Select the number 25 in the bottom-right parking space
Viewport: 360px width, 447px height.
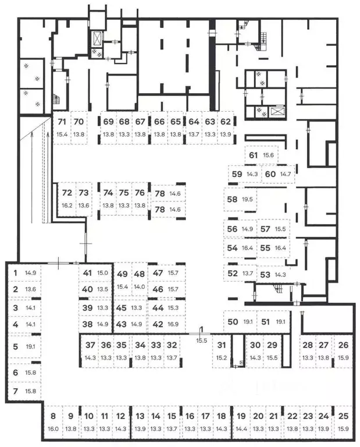pyautogui.click(x=343, y=416)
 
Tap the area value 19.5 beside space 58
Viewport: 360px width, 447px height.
pyautogui.click(x=247, y=199)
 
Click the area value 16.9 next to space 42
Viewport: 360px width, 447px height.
pyautogui.click(x=173, y=324)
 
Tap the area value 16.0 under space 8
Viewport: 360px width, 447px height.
pyautogui.click(x=54, y=429)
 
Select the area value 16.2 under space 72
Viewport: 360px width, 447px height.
pyautogui.click(x=67, y=205)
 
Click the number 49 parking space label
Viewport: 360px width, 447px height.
pyautogui.click(x=122, y=274)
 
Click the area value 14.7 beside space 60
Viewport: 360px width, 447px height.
pyautogui.click(x=286, y=173)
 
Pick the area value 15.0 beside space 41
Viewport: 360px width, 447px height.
pyautogui.click(x=102, y=273)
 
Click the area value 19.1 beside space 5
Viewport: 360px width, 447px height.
pyautogui.click(x=30, y=347)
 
